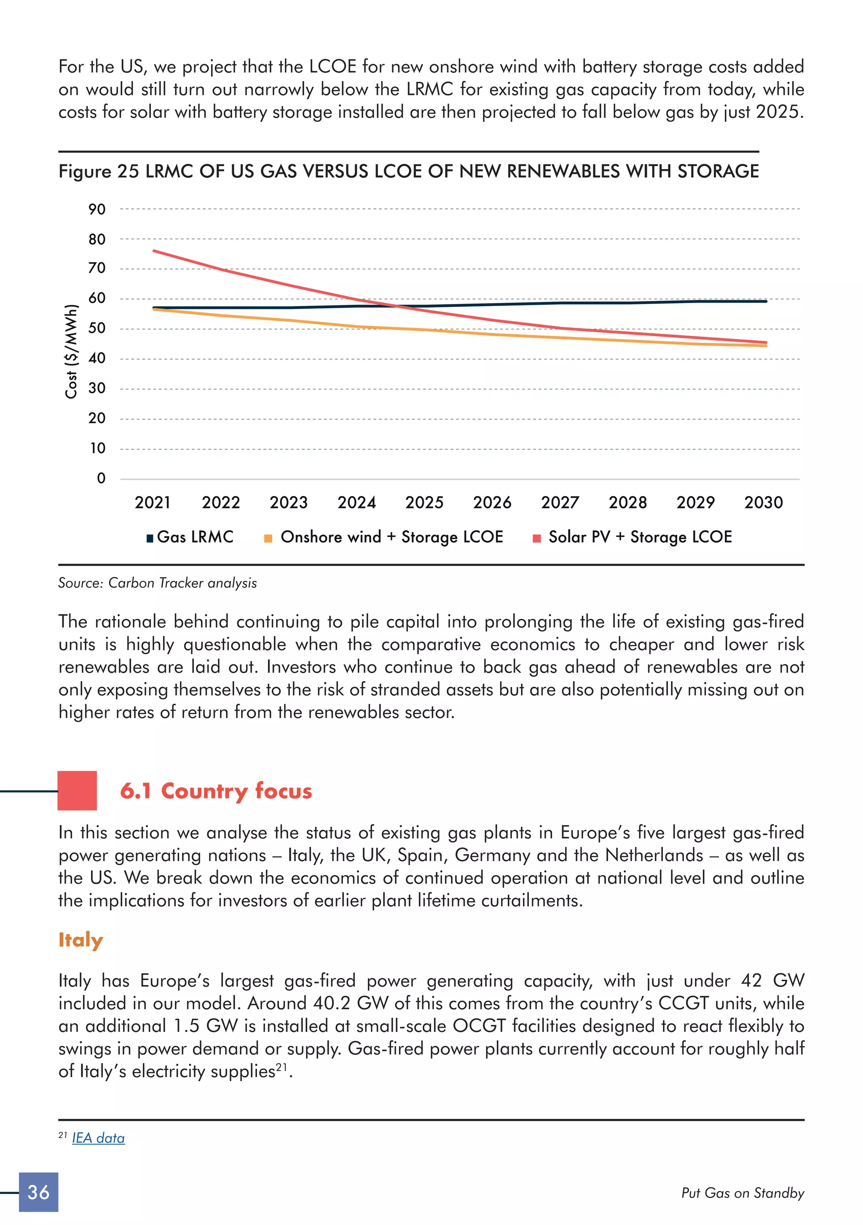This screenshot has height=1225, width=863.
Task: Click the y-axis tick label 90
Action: coord(96,209)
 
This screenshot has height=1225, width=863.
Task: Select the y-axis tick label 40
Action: coord(96,358)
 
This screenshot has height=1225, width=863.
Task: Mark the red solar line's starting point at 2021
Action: coord(154,251)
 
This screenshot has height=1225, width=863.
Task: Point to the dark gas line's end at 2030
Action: coord(766,301)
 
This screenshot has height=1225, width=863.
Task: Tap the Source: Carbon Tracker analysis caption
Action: coord(157,583)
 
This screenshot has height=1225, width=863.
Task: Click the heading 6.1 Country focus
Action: coord(216,791)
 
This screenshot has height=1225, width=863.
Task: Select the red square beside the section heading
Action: coord(78,791)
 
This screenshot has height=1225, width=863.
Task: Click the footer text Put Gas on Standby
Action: coord(742,1193)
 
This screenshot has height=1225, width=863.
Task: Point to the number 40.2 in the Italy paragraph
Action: coord(332,1004)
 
